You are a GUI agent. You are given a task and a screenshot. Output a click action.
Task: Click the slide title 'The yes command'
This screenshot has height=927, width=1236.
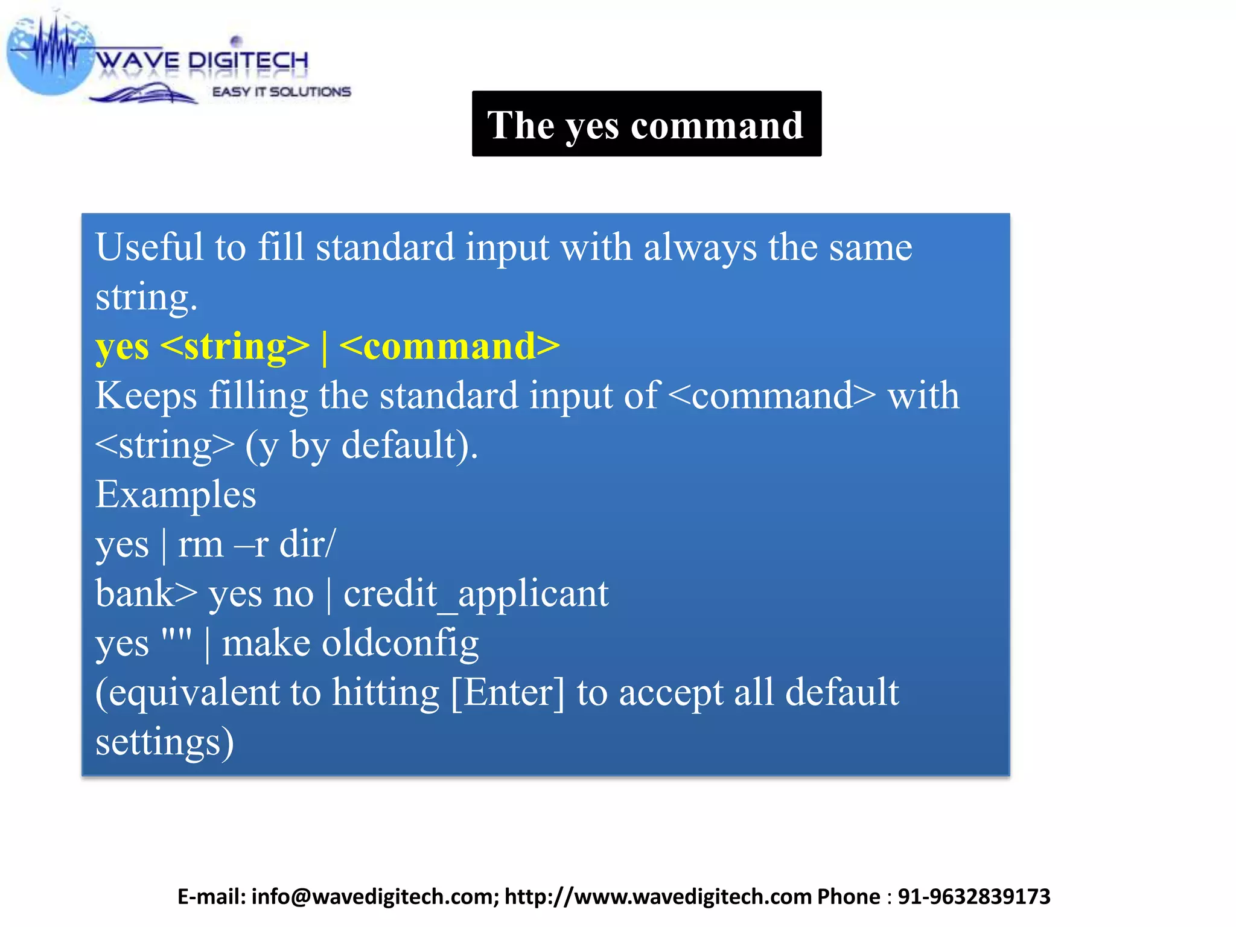pos(646,125)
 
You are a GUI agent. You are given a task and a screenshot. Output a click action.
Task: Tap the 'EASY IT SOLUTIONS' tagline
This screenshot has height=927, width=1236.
pos(281,92)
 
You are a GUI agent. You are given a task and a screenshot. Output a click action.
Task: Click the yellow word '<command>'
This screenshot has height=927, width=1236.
pos(450,346)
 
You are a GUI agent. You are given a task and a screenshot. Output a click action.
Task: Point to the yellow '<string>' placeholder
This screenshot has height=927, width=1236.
pos(235,346)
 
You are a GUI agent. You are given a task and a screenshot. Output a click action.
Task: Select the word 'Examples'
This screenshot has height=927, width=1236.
pos(176,495)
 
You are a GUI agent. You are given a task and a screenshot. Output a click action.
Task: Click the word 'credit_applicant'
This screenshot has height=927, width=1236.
pos(476,594)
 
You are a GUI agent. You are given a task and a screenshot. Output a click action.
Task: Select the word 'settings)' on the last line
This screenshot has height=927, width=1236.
pos(164,742)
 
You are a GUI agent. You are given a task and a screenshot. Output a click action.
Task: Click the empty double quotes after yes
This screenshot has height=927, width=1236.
pos(177,637)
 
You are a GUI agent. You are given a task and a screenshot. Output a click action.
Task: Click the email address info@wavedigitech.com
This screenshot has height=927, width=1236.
pos(374,897)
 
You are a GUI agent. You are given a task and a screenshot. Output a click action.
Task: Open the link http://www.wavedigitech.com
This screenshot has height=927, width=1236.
pos(658,897)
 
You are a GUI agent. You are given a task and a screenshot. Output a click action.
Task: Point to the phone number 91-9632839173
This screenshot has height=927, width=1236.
pos(973,897)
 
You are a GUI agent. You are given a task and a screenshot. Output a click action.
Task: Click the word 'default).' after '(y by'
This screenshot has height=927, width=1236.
pos(410,445)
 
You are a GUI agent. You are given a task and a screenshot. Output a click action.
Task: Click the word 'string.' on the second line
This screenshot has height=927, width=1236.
pos(146,298)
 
